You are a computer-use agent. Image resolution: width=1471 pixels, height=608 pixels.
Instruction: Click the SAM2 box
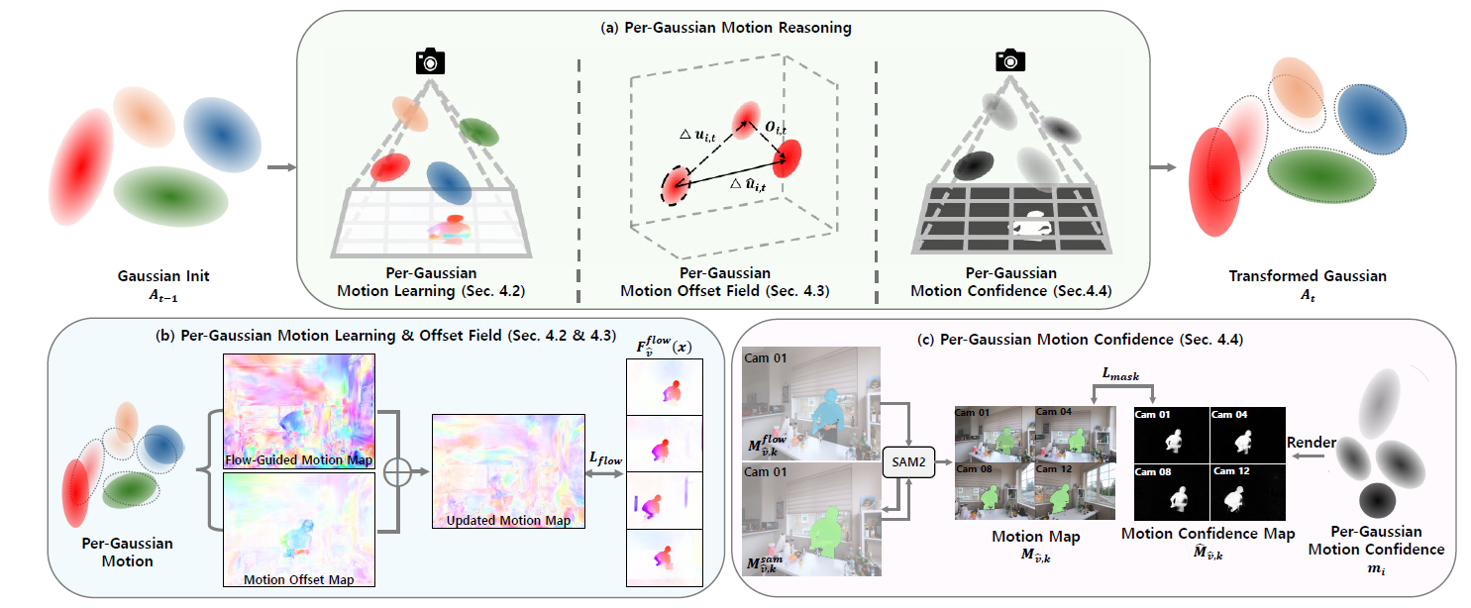point(908,462)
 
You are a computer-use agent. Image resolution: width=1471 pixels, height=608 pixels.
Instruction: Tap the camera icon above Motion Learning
point(430,62)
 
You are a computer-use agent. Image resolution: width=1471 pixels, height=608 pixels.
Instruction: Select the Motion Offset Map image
point(299,529)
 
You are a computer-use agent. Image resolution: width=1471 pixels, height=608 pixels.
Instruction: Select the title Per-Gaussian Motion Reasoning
point(725,28)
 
